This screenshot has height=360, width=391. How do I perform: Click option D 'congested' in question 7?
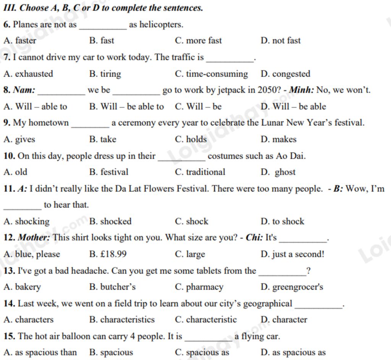point(285,74)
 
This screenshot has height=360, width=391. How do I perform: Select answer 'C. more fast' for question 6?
point(198,40)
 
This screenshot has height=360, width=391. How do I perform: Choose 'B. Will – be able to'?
point(126,106)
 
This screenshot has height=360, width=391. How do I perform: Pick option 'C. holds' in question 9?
point(191,139)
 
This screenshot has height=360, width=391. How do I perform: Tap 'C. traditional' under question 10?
point(200,172)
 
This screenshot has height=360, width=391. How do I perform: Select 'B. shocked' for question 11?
point(110,221)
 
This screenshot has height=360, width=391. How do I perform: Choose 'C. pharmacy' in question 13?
point(199,287)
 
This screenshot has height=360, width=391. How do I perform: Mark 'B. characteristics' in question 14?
point(122,320)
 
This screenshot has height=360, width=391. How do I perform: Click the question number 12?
point(9,238)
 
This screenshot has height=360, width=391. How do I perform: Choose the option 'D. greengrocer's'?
point(292,287)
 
